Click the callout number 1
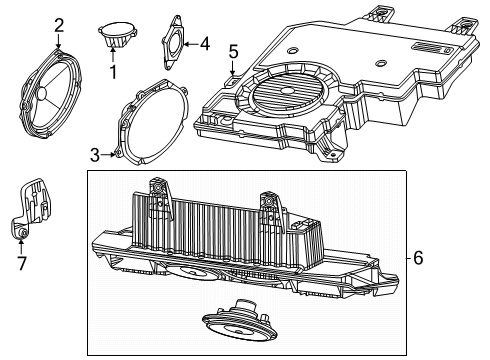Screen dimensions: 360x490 click(x=113, y=72)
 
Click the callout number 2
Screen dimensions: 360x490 click(x=59, y=25)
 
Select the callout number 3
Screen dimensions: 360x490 click(x=95, y=154)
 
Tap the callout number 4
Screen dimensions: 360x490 click(x=204, y=43)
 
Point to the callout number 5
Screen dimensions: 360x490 click(x=233, y=51)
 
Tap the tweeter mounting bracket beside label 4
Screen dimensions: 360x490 click(x=176, y=42)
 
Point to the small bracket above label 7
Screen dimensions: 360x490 click(x=32, y=205)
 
